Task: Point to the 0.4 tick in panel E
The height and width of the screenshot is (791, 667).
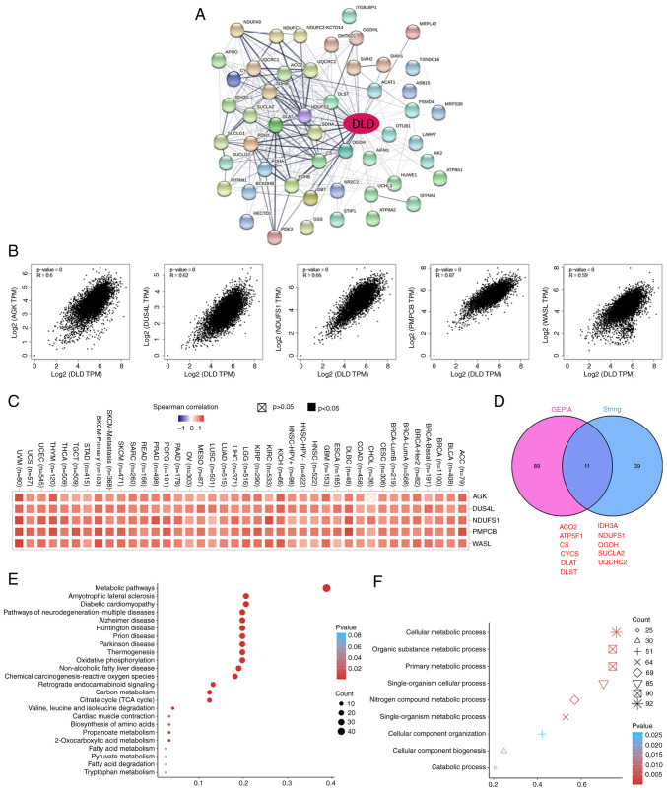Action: click(332, 783)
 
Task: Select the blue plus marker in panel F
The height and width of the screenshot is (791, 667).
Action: click(542, 735)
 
